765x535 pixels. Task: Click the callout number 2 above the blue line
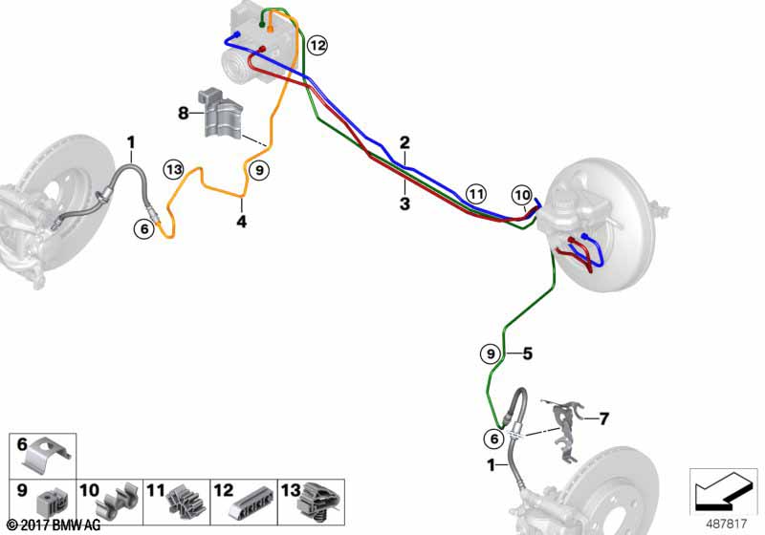404,142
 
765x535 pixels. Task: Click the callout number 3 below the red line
404,203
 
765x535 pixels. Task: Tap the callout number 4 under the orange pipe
242,223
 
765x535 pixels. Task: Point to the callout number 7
603,417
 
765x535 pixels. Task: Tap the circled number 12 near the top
317,45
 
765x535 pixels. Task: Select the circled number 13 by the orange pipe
173,169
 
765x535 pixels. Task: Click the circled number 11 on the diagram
476,194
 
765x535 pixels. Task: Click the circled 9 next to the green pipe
490,353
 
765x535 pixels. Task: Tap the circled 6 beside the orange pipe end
144,228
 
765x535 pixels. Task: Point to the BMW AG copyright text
52,525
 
